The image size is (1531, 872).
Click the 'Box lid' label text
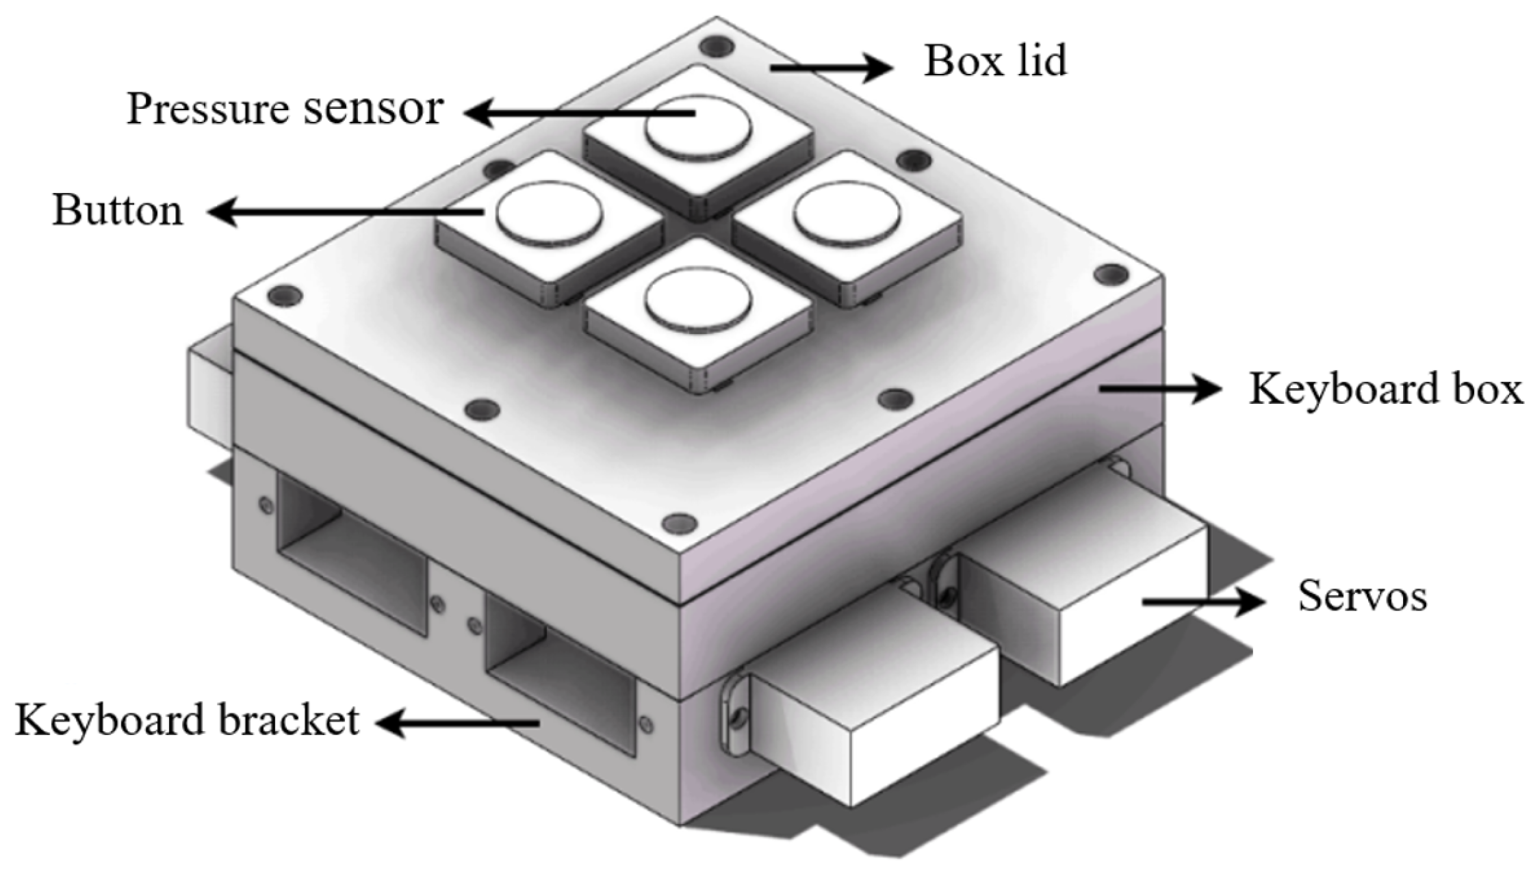[995, 62]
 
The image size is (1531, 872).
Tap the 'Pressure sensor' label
[285, 110]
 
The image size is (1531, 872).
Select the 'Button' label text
[118, 211]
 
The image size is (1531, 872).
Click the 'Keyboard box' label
[1385, 389]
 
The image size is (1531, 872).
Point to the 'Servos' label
[1362, 596]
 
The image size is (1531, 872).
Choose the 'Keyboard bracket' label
[187, 721]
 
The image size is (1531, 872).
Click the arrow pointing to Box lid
[830, 67]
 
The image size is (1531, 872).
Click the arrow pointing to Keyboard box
[1159, 389]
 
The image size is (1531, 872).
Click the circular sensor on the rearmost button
[698, 127]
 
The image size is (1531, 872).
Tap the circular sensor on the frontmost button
[698, 302]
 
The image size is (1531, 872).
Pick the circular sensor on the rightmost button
[847, 214]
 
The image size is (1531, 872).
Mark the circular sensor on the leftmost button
[549, 214]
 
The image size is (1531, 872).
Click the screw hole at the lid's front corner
[680, 524]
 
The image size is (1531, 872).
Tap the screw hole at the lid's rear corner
[716, 47]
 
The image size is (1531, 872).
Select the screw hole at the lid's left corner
[285, 295]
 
